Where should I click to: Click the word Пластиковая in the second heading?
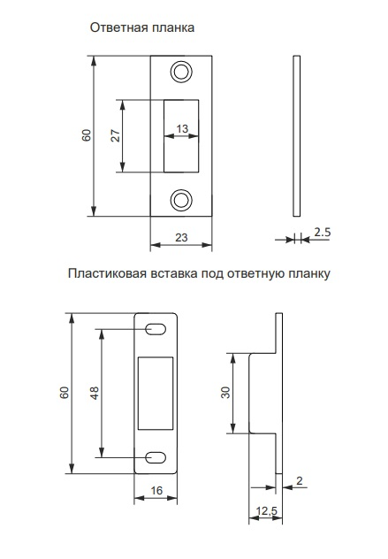coord(107,274)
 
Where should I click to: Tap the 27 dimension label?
coord(116,136)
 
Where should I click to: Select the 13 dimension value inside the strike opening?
coord(182,129)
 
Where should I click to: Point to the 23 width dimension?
coord(181,237)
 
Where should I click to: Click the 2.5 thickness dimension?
coord(322,233)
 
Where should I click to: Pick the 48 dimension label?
coord(95,393)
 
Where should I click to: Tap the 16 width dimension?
coord(156,491)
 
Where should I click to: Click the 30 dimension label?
coord(225,393)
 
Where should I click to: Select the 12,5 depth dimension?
coord(266,511)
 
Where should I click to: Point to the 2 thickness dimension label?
coord(300,481)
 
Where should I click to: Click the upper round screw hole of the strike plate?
coord(181,73)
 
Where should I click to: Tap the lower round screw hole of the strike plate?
coord(181,200)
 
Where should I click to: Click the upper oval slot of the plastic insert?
coord(156,329)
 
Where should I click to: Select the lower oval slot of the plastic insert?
coord(156,457)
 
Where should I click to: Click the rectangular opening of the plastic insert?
coord(156,393)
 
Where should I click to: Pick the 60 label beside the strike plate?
coord(87,136)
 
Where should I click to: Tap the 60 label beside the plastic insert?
coord(65,393)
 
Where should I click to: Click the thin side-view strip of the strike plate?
coord(296,136)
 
